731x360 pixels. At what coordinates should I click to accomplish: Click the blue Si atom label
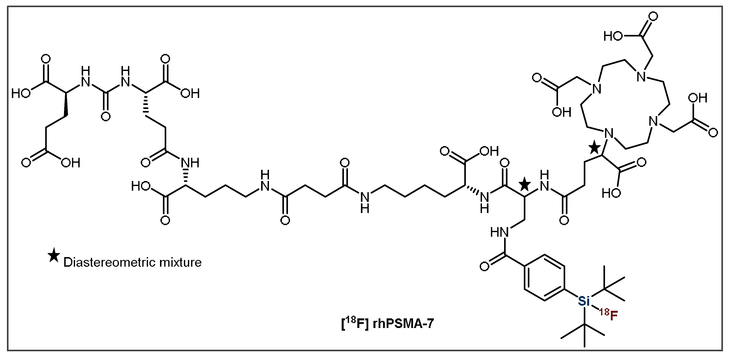pyautogui.click(x=584, y=301)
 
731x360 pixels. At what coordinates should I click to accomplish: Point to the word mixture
pyautogui.click(x=181, y=262)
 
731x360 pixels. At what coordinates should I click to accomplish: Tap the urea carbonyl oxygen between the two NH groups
pyautogui.click(x=106, y=116)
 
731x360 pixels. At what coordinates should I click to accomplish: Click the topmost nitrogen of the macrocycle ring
pyautogui.click(x=642, y=77)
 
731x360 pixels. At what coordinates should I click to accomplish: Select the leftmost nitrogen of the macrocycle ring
pyautogui.click(x=597, y=89)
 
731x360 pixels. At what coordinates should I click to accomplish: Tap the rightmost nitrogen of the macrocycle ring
pyautogui.click(x=653, y=122)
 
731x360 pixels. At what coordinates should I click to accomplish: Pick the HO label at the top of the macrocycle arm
pyautogui.click(x=613, y=36)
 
